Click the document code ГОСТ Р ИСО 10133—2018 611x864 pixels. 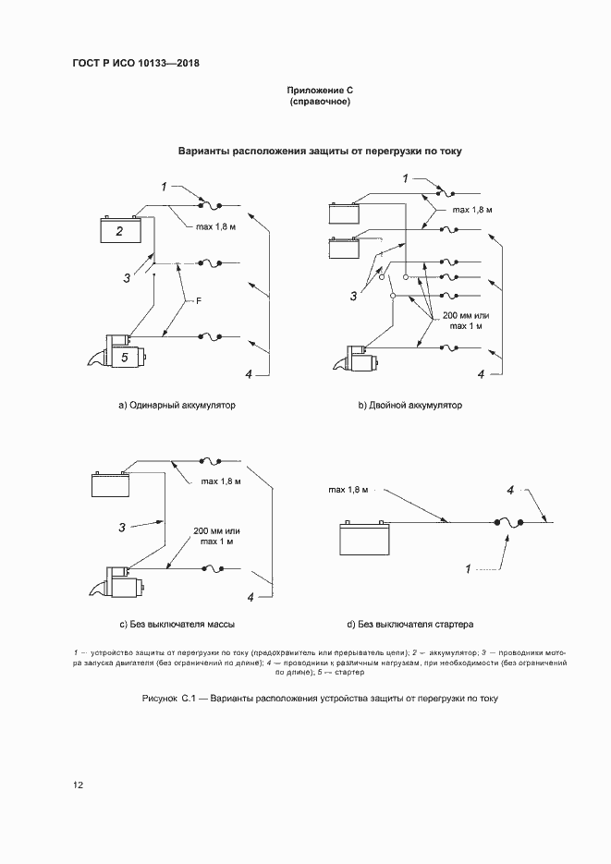coord(136,64)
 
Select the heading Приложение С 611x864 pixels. coord(320,91)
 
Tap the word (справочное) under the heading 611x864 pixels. coord(320,102)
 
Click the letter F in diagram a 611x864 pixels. coord(197,301)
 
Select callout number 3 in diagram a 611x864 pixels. coord(127,276)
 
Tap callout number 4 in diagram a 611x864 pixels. coord(249,373)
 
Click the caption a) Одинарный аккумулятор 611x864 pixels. coord(177,406)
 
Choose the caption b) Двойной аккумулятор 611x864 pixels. coord(410,406)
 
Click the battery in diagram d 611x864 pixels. coord(367,539)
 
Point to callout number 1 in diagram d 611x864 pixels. coord(469,567)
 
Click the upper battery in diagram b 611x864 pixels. coord(345,214)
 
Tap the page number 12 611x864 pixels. coord(79,785)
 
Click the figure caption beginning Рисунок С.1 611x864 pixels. coord(320,699)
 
